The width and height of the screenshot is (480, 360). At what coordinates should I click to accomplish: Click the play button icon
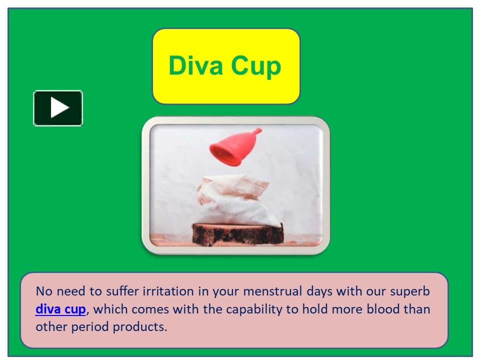pos(58,108)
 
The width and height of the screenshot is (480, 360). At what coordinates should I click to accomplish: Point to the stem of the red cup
pos(255,132)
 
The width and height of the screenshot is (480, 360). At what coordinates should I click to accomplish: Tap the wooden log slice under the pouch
pos(238,233)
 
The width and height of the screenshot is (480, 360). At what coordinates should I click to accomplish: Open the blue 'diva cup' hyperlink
pos(60,309)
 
